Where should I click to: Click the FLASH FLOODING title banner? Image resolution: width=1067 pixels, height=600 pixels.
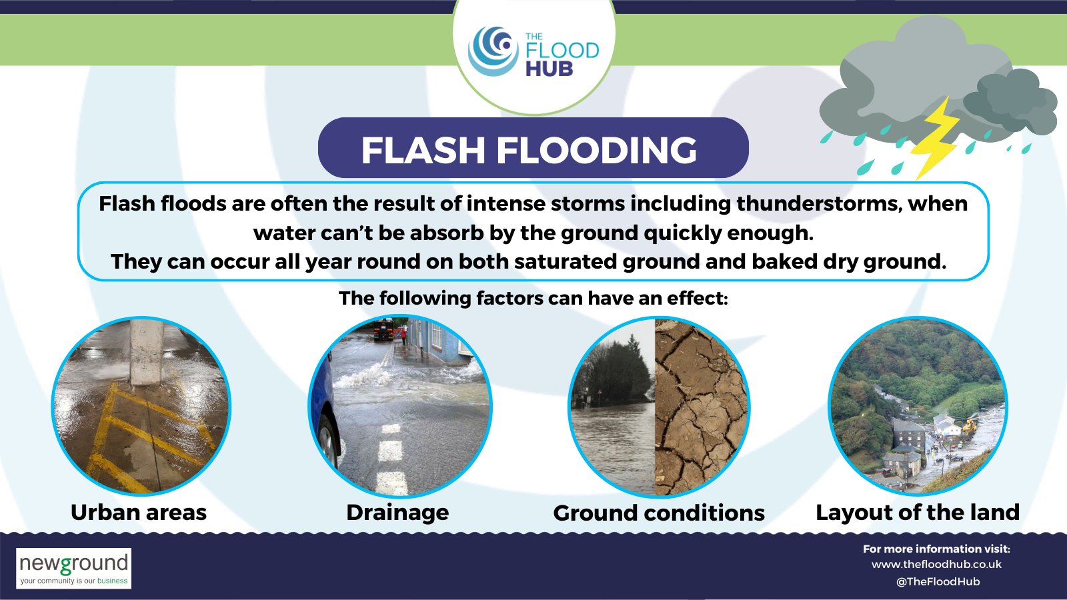(532, 148)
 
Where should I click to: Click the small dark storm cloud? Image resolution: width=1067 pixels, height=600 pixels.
(1010, 100)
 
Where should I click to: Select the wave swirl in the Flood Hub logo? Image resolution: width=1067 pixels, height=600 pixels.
(493, 49)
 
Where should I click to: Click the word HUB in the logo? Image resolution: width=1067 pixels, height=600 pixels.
(549, 69)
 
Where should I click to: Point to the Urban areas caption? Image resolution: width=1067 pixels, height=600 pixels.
(139, 512)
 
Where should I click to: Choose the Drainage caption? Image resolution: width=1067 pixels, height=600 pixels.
(397, 512)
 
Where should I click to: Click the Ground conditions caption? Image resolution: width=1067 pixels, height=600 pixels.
(659, 513)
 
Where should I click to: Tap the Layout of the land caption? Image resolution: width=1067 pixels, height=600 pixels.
(918, 512)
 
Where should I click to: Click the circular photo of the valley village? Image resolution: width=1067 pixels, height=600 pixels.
(918, 407)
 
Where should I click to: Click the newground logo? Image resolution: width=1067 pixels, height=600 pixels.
(73, 568)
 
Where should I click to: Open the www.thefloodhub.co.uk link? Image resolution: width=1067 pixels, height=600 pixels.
(936, 565)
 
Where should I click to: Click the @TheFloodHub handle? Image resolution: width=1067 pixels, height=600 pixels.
(938, 581)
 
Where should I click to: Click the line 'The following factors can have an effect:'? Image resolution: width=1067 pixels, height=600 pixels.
(533, 298)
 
